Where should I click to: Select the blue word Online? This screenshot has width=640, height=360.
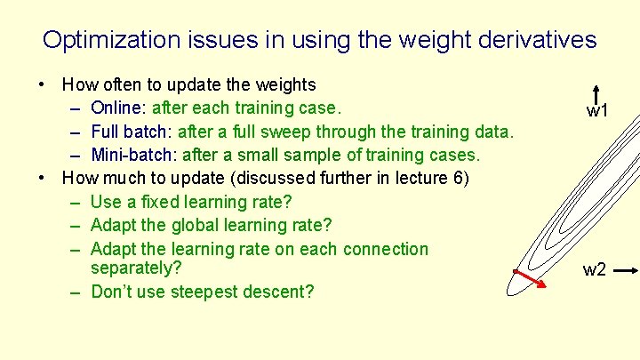[x=119, y=108]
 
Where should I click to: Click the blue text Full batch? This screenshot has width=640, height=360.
[x=132, y=132]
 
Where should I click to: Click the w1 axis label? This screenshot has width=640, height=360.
[x=596, y=112]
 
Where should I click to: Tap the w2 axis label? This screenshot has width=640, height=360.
[x=595, y=269]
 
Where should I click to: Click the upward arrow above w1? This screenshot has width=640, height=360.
[x=597, y=94]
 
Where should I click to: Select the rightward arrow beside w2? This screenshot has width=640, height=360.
[x=626, y=269]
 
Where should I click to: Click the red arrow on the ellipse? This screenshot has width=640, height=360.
[x=532, y=280]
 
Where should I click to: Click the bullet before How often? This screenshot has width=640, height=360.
[x=42, y=85]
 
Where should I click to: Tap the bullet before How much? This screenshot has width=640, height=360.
[x=42, y=178]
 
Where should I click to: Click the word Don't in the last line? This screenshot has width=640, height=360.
[x=112, y=292]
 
